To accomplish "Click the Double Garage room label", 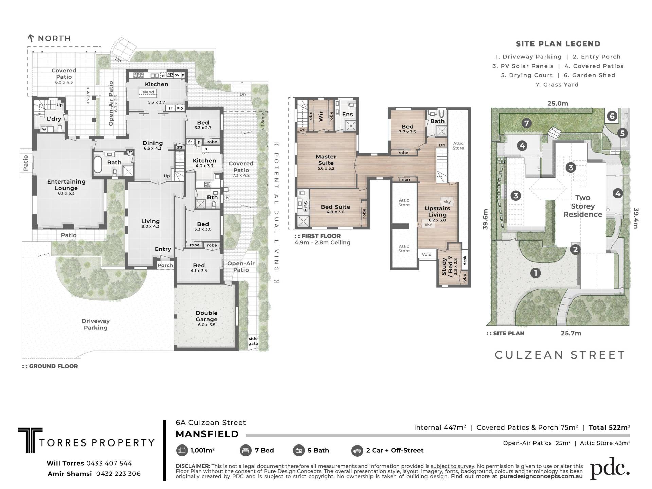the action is coord(206,316).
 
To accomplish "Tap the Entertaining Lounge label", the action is coord(66,185).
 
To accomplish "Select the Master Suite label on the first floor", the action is coord(326,160).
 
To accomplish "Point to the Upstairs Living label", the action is coord(437,211).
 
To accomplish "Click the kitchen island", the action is coord(148,92).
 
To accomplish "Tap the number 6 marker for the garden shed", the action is coord(612,117).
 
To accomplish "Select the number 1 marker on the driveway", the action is coord(536,273).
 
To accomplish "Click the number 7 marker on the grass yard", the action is coord(526,123).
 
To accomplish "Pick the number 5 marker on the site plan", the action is coord(622,133).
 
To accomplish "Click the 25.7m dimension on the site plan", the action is coord(571,333).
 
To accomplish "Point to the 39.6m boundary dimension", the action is coord(485,219).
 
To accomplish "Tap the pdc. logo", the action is coord(610,469).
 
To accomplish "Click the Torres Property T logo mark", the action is coord(30,440).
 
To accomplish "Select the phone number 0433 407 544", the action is coord(109,463).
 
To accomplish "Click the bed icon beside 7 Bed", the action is coord(246,450).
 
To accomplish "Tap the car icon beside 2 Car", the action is coord(357,450).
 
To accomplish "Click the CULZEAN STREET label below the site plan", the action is coord(560,355).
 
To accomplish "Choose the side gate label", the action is coord(253,341).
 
